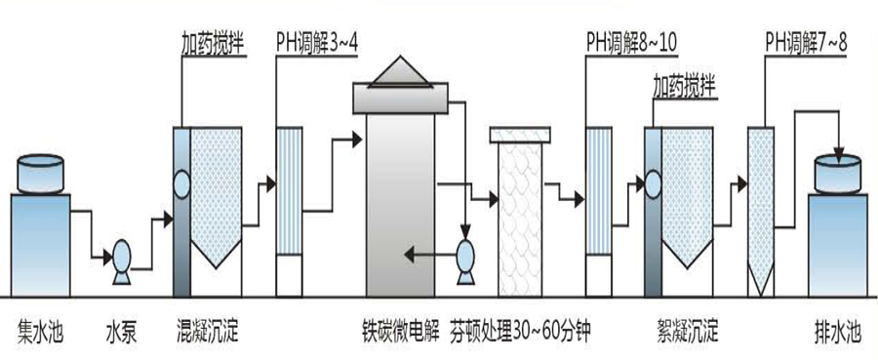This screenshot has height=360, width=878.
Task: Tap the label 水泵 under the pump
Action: (122, 328)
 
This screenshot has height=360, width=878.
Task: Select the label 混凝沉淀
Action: (206, 328)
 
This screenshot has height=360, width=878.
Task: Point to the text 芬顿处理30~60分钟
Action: (520, 328)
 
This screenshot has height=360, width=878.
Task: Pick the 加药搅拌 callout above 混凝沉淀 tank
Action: (212, 43)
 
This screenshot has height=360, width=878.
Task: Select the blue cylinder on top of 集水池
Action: (40, 173)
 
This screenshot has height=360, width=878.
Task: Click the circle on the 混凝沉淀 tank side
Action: (181, 182)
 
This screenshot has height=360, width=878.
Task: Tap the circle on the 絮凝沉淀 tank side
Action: (645, 181)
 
